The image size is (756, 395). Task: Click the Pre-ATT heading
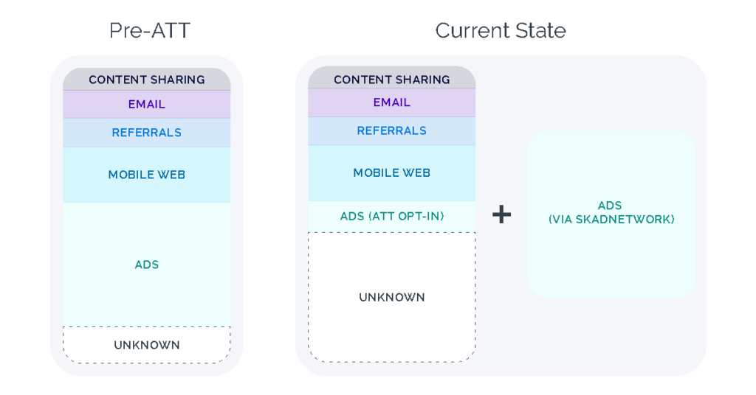pyautogui.click(x=149, y=30)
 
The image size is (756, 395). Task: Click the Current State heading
pyautogui.click(x=500, y=30)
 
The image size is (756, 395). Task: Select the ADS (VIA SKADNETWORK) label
pyautogui.click(x=611, y=213)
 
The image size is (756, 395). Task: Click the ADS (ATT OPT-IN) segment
pyautogui.click(x=391, y=217)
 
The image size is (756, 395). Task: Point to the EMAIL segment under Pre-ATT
pyautogui.click(x=146, y=105)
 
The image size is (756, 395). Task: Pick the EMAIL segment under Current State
pyautogui.click(x=391, y=102)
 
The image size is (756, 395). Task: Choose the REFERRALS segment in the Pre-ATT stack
pyautogui.click(x=146, y=133)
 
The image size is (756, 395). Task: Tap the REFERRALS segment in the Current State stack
pyautogui.click(x=391, y=130)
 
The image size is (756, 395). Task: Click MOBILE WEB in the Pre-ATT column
pyautogui.click(x=146, y=175)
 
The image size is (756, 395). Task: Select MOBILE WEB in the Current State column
pyautogui.click(x=391, y=173)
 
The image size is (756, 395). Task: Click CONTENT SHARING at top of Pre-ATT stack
pyautogui.click(x=146, y=80)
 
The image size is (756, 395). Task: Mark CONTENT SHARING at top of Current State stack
pyautogui.click(x=391, y=80)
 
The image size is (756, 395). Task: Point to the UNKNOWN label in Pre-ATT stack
pyautogui.click(x=146, y=345)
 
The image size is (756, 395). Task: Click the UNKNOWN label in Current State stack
pyautogui.click(x=391, y=298)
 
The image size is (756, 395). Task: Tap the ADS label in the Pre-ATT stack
pyautogui.click(x=146, y=265)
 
